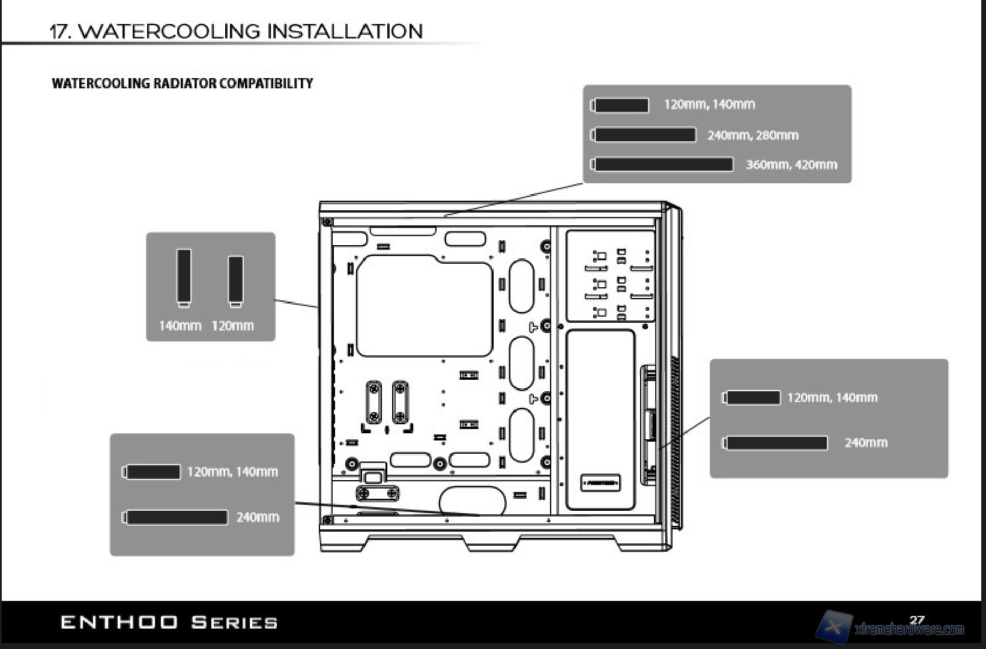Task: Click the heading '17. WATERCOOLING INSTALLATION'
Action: (x=236, y=31)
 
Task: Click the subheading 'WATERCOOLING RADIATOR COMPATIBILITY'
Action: (x=183, y=84)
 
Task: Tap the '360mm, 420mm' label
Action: (x=791, y=165)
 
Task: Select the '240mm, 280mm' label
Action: (x=752, y=135)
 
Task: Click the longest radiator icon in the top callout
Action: (x=662, y=164)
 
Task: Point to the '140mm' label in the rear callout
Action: (x=180, y=326)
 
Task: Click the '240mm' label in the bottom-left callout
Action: (x=258, y=517)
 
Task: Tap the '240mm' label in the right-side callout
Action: (x=865, y=443)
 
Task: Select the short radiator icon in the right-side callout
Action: (x=752, y=398)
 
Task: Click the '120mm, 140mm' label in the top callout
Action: (x=709, y=105)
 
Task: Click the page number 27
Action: (x=916, y=620)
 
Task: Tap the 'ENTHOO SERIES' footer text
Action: (x=169, y=622)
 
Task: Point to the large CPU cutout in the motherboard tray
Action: (x=424, y=306)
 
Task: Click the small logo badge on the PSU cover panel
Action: (x=600, y=483)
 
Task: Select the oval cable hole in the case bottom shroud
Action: (x=473, y=500)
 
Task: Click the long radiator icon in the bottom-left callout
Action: (x=176, y=517)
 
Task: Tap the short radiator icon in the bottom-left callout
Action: (x=153, y=472)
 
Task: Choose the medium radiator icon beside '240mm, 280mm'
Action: (x=644, y=135)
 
